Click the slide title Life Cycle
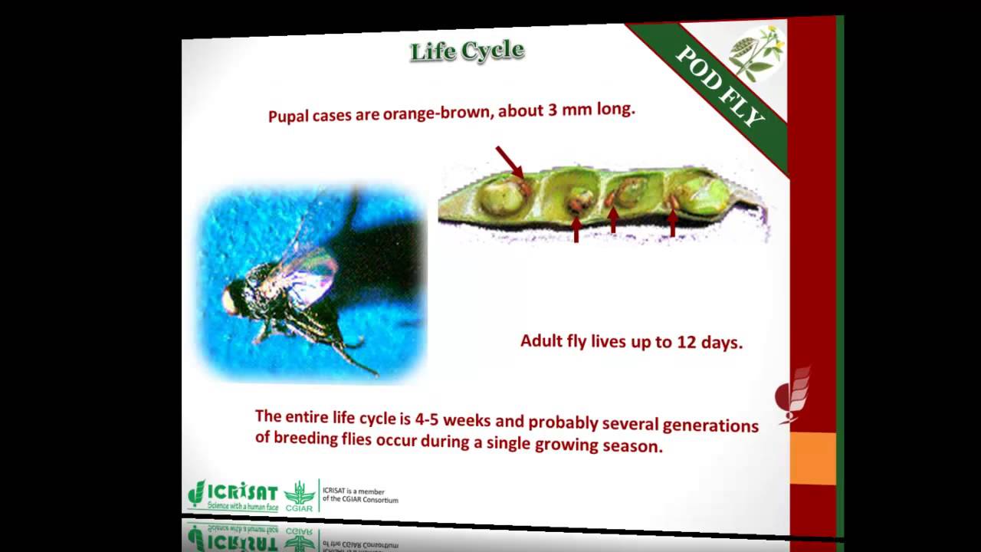coord(467,51)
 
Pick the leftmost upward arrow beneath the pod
coord(576,228)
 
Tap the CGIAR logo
coord(300,495)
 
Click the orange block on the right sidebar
coord(812,458)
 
